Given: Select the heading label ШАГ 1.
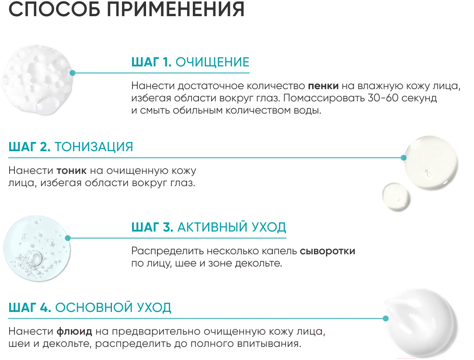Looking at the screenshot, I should (x=151, y=62).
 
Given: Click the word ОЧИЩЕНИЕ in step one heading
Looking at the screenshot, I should (x=212, y=62).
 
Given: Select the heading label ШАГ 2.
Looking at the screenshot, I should (x=29, y=146).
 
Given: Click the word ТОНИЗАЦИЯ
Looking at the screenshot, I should (x=94, y=146).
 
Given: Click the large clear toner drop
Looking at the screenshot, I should (x=430, y=161).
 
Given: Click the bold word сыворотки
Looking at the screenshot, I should (x=328, y=251).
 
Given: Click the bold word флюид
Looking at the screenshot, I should (x=73, y=331).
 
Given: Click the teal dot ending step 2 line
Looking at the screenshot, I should (x=404, y=157).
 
